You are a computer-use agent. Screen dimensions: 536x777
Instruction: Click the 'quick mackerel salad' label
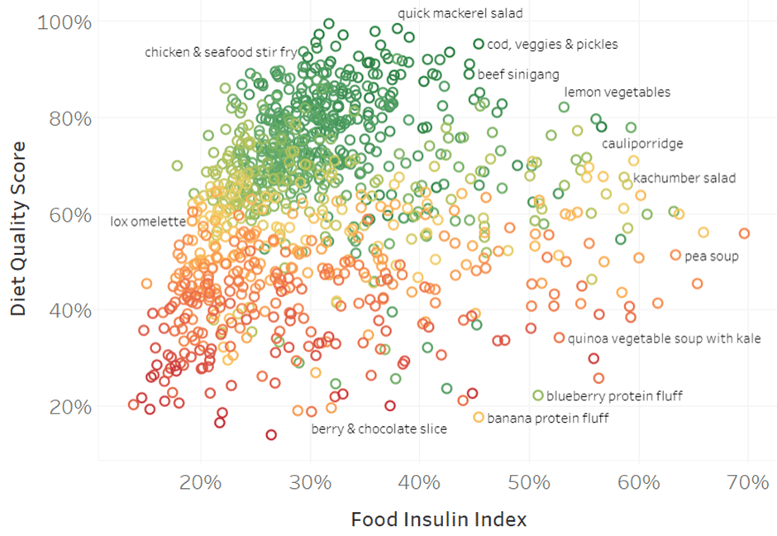click(x=460, y=13)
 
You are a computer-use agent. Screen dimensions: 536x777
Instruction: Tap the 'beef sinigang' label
click(x=518, y=74)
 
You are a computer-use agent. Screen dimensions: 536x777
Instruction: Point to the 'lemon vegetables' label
click(x=617, y=93)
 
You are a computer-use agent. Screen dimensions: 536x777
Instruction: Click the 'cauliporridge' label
click(x=642, y=144)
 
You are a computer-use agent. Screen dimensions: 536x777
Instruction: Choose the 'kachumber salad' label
click(x=684, y=178)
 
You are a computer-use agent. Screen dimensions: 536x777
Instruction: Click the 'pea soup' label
click(x=711, y=256)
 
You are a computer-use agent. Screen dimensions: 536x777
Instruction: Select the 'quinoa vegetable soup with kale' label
click(x=664, y=339)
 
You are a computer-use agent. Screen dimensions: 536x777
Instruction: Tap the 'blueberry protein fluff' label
click(x=614, y=396)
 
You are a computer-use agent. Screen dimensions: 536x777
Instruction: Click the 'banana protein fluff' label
click(x=547, y=419)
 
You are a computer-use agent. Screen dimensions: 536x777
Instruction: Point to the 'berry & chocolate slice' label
click(x=379, y=429)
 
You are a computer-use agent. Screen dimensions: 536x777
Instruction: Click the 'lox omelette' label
click(x=148, y=222)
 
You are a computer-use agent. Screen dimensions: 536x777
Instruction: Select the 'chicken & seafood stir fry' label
click(x=221, y=53)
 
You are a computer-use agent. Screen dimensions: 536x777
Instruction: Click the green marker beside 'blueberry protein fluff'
click(x=538, y=395)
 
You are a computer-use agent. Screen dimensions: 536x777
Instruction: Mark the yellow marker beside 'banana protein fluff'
click(x=479, y=418)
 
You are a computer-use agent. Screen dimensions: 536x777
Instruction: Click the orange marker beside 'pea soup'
click(x=675, y=255)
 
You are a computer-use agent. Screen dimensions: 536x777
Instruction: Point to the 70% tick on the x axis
click(x=747, y=482)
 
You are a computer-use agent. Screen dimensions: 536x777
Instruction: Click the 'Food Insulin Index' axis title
click(x=438, y=519)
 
